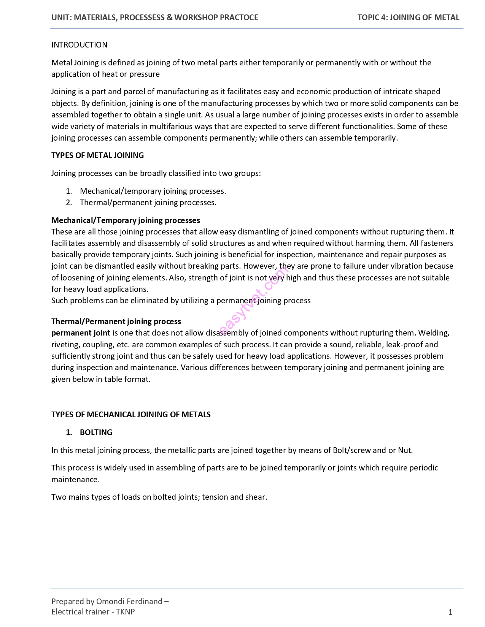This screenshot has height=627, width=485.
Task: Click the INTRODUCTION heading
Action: (79, 45)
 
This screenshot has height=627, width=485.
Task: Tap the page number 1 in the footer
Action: (450, 612)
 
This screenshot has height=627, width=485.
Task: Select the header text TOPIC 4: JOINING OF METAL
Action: (408, 17)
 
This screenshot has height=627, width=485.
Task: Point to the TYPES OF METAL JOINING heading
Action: (97, 155)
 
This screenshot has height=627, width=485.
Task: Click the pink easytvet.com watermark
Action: (253, 300)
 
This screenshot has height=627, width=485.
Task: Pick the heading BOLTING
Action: (96, 432)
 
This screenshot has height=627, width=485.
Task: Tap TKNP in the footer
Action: (126, 611)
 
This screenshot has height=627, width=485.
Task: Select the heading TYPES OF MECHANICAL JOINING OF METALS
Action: (131, 415)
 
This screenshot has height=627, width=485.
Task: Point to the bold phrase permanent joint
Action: (81, 333)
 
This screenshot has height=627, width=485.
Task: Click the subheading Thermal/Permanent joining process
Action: (116, 321)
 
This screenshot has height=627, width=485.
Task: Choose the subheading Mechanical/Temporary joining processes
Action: (126, 220)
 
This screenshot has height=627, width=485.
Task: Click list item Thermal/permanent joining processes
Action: (148, 203)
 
